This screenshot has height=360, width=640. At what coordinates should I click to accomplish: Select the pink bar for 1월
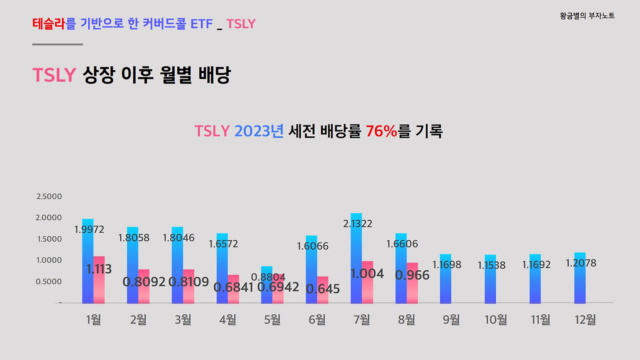pos(99,285)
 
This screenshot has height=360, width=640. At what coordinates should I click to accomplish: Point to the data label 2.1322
pos(357,223)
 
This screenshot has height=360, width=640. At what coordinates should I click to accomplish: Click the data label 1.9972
pos(89,229)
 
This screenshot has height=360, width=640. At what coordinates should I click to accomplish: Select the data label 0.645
pos(323,289)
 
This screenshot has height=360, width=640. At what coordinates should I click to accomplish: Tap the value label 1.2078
pos(581,263)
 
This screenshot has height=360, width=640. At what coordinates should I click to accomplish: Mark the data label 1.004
pos(367,273)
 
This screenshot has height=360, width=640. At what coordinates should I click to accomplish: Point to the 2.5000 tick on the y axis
pos(49,196)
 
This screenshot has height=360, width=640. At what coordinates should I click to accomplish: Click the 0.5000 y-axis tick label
pos(49,281)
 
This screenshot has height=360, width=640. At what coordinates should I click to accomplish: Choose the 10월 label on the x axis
pos(495,319)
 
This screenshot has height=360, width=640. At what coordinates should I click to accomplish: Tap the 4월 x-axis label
pos(227,319)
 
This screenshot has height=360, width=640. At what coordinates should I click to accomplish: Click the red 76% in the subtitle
pos(381,131)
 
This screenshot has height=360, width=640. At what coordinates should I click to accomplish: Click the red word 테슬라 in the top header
pos(49,23)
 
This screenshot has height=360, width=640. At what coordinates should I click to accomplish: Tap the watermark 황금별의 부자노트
pos(587,16)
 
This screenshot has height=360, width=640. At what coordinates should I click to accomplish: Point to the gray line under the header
pos(57,44)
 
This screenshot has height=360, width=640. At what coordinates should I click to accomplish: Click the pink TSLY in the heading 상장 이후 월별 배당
pos(54,75)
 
